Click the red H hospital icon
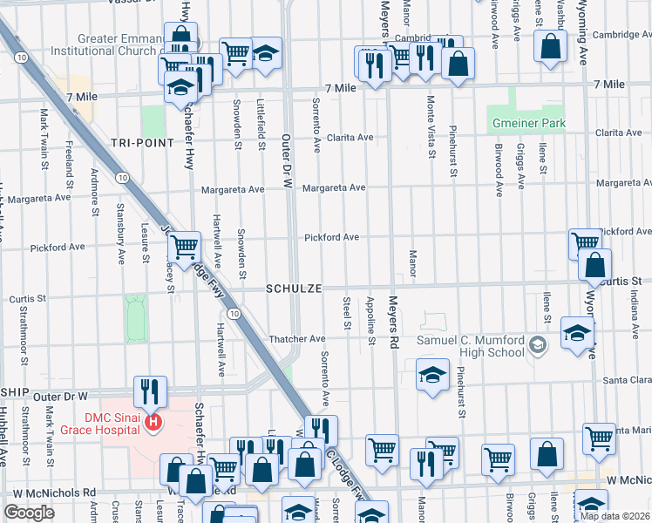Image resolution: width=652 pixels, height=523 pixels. (x=154, y=423)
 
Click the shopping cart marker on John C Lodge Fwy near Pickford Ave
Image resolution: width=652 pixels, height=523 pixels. (x=184, y=248)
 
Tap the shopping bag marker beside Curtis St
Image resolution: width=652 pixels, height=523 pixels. (x=594, y=265)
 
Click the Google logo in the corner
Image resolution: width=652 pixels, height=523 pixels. (x=29, y=513)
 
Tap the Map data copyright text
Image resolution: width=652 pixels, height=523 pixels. (x=615, y=516)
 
